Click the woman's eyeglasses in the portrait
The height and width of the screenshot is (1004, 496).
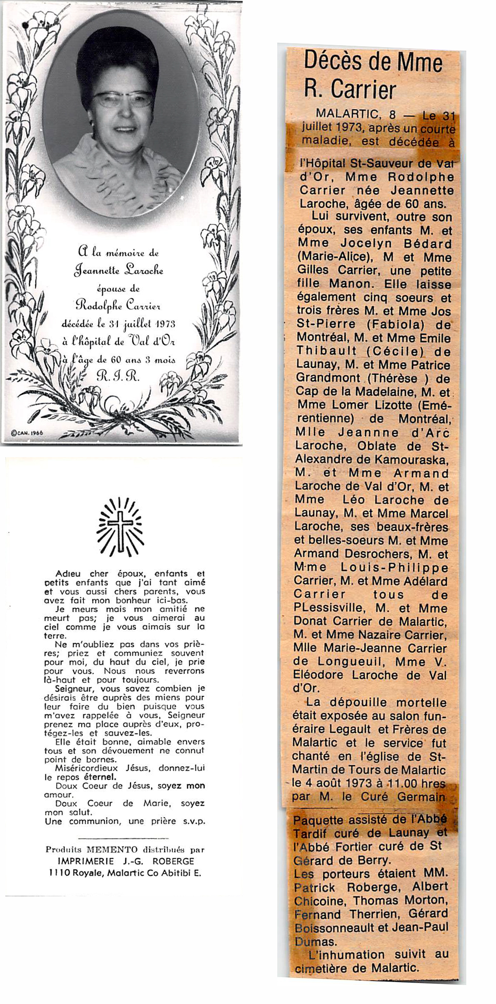pyautogui.click(x=123, y=99)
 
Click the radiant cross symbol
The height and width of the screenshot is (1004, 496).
pyautogui.click(x=120, y=527)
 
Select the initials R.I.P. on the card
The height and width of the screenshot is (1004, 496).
pyautogui.click(x=118, y=376)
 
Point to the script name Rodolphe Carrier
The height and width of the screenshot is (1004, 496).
pyautogui.click(x=118, y=306)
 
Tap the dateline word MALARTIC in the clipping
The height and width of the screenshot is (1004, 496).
pyautogui.click(x=347, y=115)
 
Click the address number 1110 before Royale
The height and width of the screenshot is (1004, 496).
pyautogui.click(x=59, y=873)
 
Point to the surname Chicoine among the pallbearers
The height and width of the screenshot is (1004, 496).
pyautogui.click(x=320, y=901)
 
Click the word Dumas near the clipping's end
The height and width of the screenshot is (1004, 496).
pyautogui.click(x=315, y=942)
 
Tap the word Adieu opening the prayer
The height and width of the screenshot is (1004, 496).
pyautogui.click(x=68, y=574)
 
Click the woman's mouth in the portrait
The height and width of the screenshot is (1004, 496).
pyautogui.click(x=125, y=130)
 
